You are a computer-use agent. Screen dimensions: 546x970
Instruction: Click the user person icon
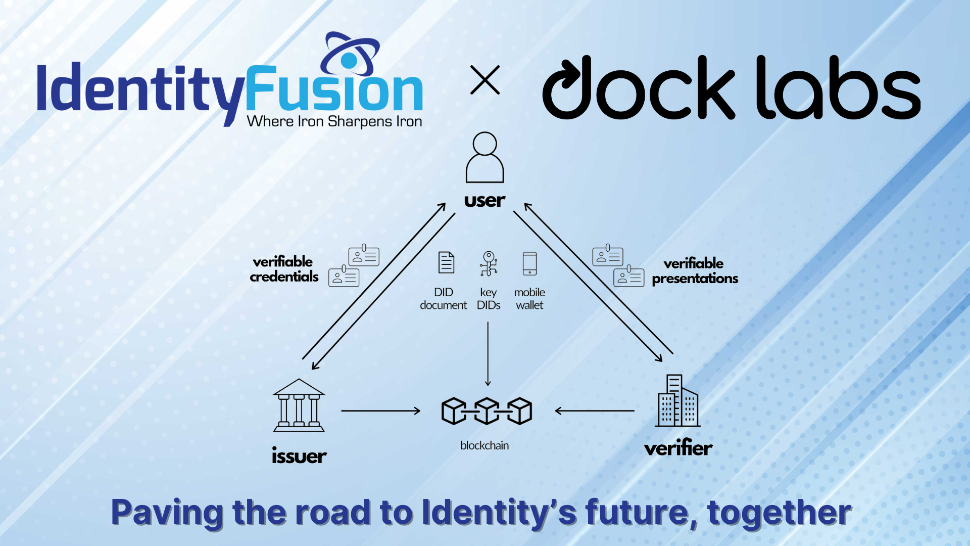coord(484,157)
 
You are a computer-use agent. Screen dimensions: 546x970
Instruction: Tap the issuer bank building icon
coord(299,405)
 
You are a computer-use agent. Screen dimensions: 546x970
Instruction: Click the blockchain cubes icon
coord(487,411)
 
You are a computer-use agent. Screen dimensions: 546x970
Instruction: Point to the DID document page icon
coord(446,262)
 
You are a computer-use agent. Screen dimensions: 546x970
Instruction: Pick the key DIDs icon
coord(489,263)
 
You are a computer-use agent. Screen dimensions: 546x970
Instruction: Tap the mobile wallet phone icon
coord(529,263)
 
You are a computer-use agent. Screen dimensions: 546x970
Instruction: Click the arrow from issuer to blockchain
coord(380,411)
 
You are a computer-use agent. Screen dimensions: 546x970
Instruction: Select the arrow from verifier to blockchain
coord(595,411)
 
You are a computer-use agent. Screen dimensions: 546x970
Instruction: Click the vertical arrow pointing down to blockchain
coord(488,354)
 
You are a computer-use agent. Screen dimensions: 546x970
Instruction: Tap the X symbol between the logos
coord(485,80)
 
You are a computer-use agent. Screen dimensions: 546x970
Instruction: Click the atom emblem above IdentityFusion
coord(350,55)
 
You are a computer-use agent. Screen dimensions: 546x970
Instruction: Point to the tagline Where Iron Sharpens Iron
coord(334,122)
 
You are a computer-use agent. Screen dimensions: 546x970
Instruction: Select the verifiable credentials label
coord(284,269)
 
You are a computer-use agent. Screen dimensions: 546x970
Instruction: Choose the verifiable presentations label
coord(695,271)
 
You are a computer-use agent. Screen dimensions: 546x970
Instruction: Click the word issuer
coord(299,456)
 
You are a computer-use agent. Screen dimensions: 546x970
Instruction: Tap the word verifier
coord(678,448)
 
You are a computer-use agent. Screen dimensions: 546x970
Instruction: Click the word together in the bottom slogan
coord(779,513)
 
